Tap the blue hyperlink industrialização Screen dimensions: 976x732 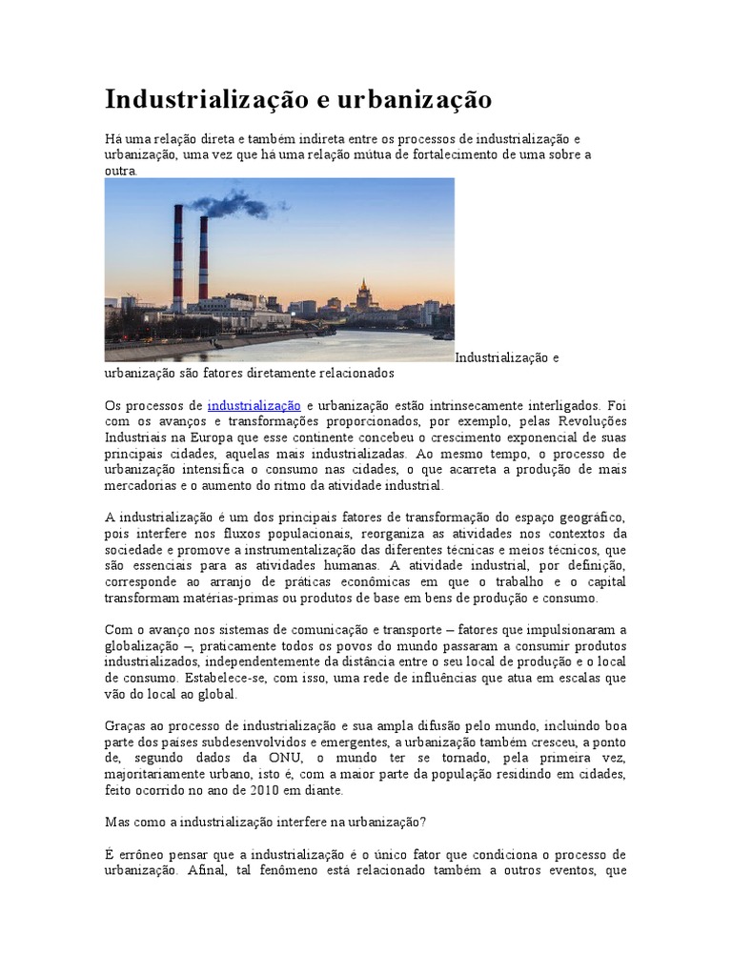pos(254,405)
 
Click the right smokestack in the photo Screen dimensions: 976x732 pos(203,259)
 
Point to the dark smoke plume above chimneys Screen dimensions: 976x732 pos(229,202)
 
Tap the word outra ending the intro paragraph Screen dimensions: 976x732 pos(120,172)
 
